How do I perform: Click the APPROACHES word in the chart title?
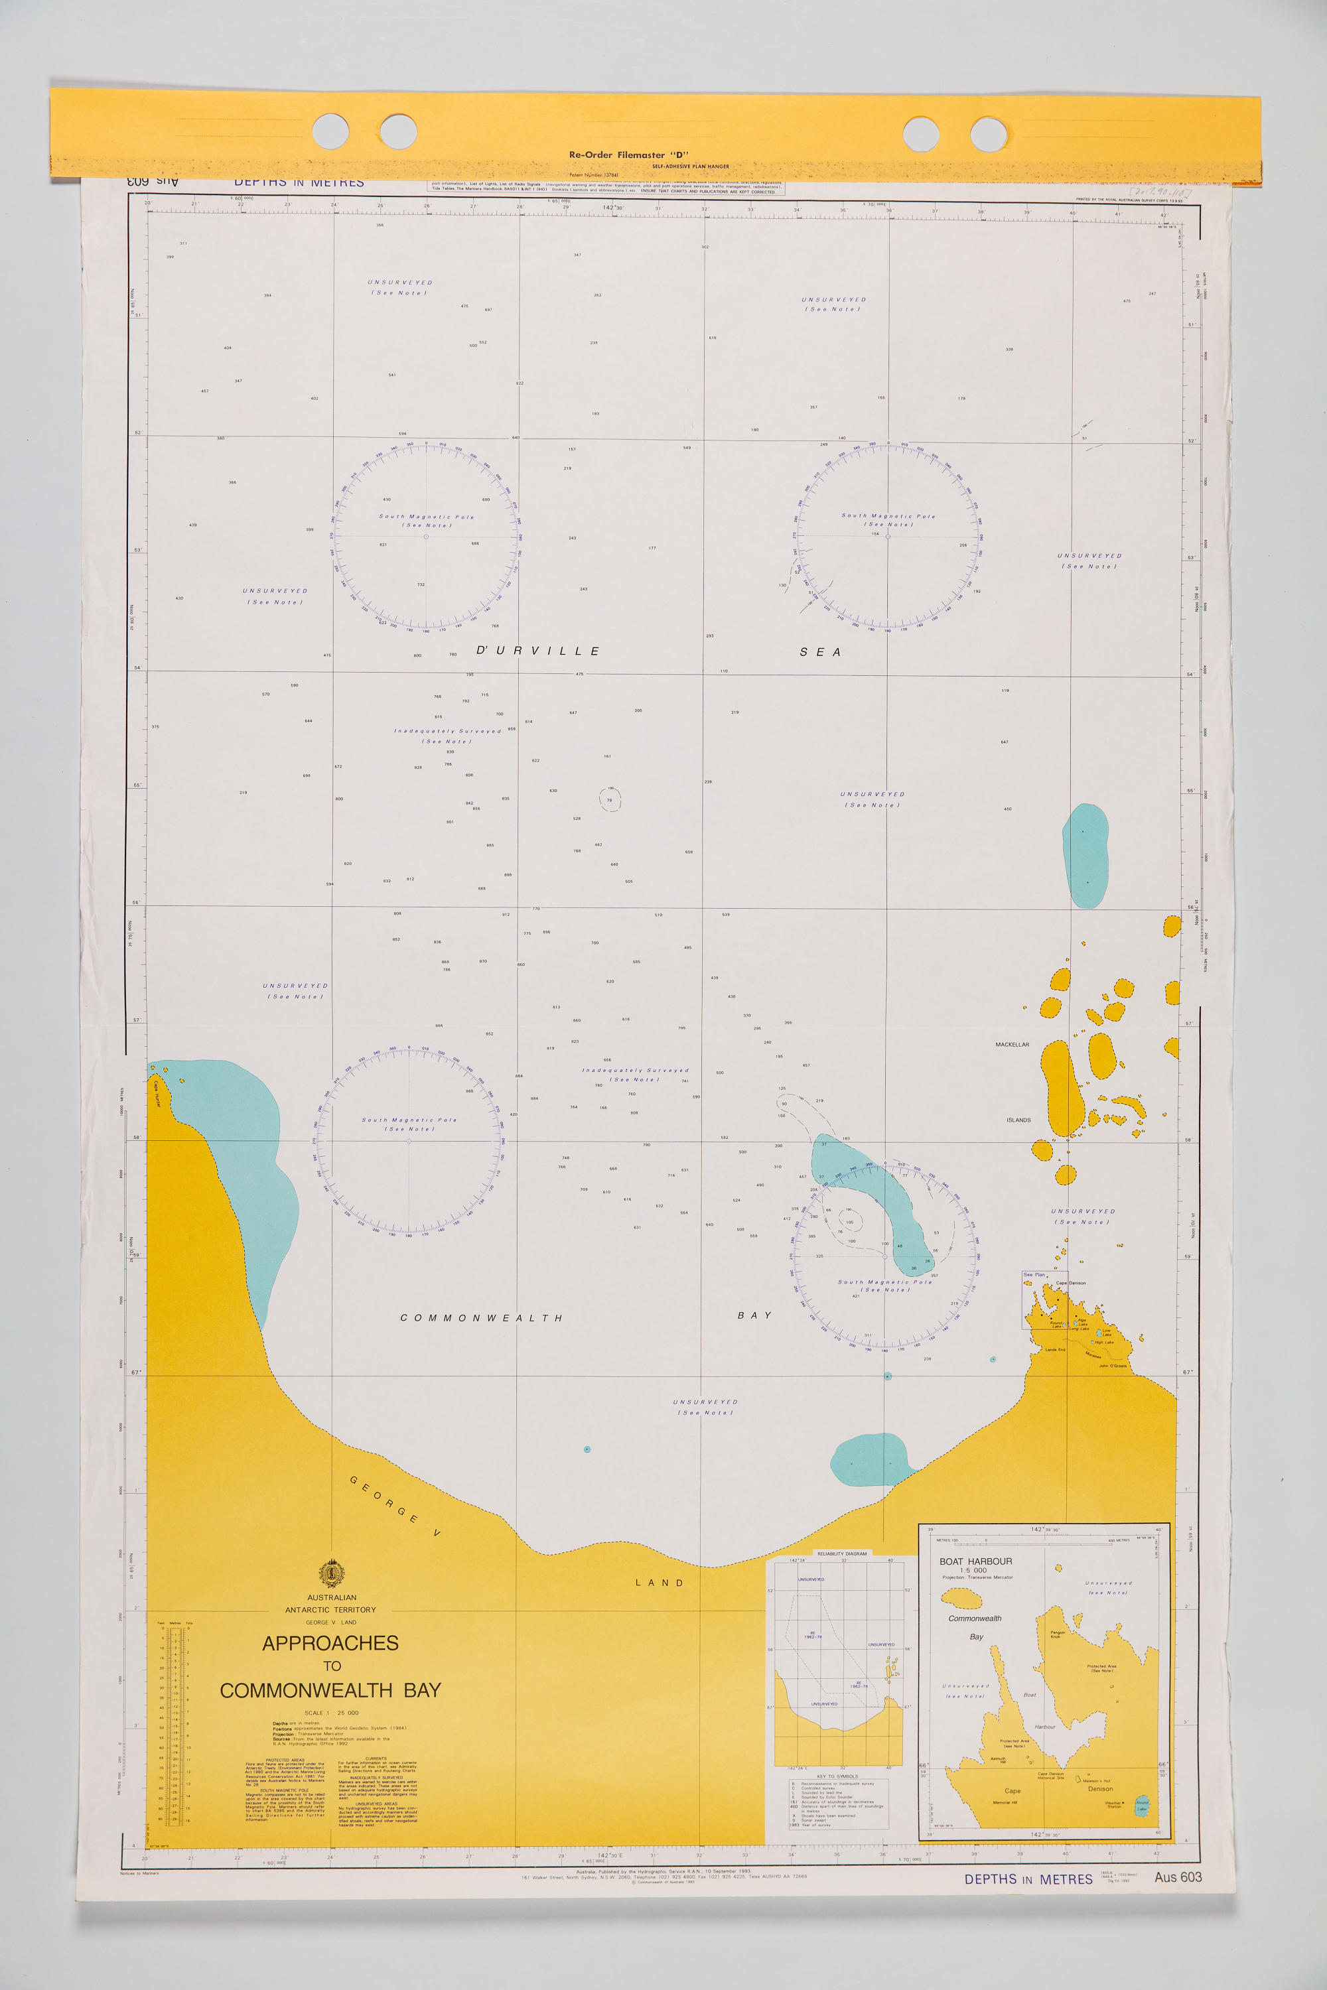pos(330,1643)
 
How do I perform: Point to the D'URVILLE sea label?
pos(537,651)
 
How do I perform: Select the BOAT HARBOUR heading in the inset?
pos(975,1561)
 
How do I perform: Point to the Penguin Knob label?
pos(1057,1634)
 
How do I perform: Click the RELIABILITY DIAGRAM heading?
pos(841,1554)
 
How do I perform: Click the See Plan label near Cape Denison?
pos(1033,1274)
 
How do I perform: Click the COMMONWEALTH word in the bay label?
pos(480,1318)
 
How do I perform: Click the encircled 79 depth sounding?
pos(609,799)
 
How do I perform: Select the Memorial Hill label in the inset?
pos(1004,1802)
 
